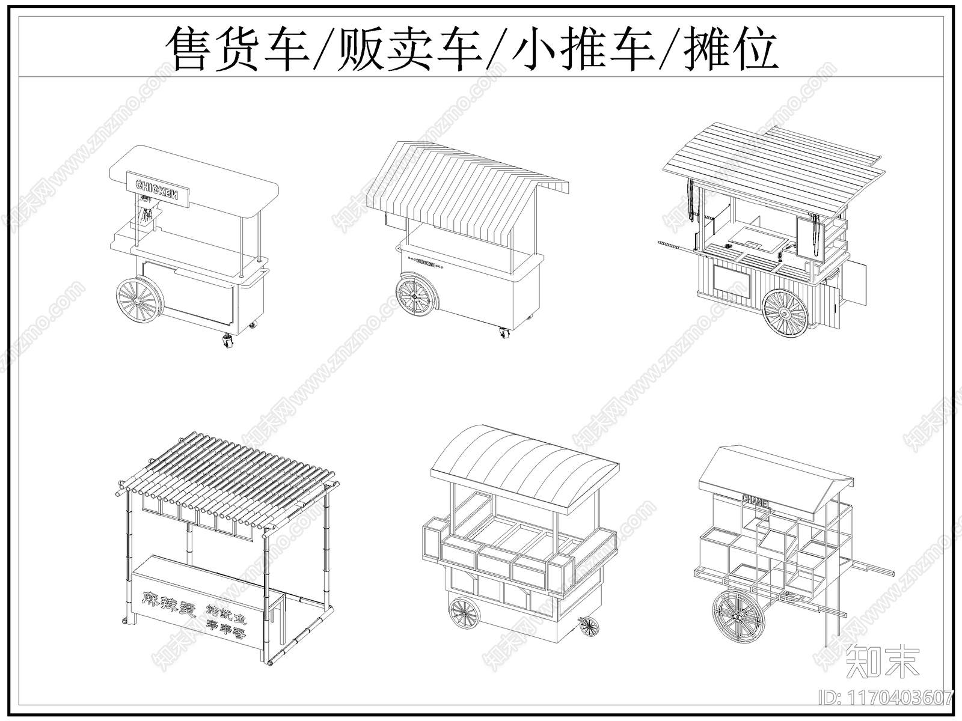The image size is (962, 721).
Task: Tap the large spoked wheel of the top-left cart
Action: pos(139,299)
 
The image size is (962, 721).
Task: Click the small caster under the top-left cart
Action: pos(228,342)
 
